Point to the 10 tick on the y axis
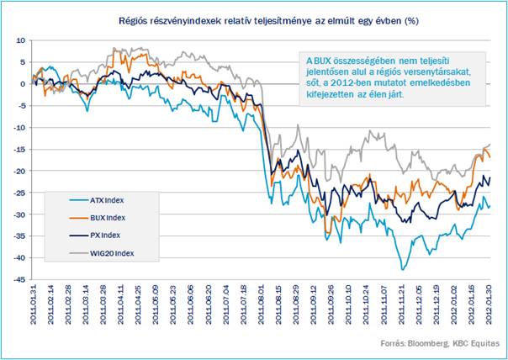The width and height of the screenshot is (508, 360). tap(21, 40)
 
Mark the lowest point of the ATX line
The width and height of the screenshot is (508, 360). tap(402, 269)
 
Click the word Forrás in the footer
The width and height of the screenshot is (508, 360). tap(393, 345)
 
